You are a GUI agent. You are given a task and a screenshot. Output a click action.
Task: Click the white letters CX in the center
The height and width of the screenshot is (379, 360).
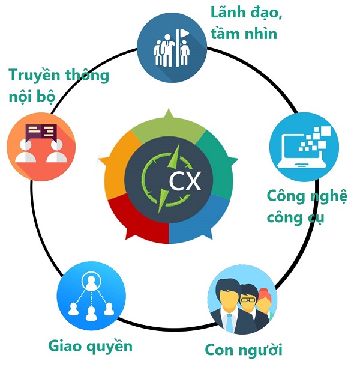pos(185,181)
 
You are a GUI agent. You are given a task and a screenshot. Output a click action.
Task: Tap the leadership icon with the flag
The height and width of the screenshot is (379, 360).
pos(172,47)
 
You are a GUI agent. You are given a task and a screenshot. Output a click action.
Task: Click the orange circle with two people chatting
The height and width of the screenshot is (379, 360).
pos(41,147)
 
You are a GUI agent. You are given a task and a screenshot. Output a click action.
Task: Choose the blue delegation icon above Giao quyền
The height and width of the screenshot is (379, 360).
pos(91,296)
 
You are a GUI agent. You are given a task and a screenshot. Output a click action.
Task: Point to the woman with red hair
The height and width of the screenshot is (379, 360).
pos(265,302)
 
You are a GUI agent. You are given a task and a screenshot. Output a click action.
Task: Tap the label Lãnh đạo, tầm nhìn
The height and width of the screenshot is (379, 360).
pos(246,23)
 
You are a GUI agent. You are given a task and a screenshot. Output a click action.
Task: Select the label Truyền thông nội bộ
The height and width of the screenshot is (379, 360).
pos(59,86)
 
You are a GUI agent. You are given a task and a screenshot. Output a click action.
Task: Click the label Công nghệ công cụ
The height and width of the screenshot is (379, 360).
pos(307,207)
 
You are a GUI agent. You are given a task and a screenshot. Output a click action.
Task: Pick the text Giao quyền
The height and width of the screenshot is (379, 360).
pos(91,346)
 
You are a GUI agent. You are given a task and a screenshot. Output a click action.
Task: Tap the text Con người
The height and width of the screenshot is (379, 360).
pos(244,350)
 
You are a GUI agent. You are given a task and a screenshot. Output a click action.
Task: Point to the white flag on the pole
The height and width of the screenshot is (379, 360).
pos(184,33)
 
